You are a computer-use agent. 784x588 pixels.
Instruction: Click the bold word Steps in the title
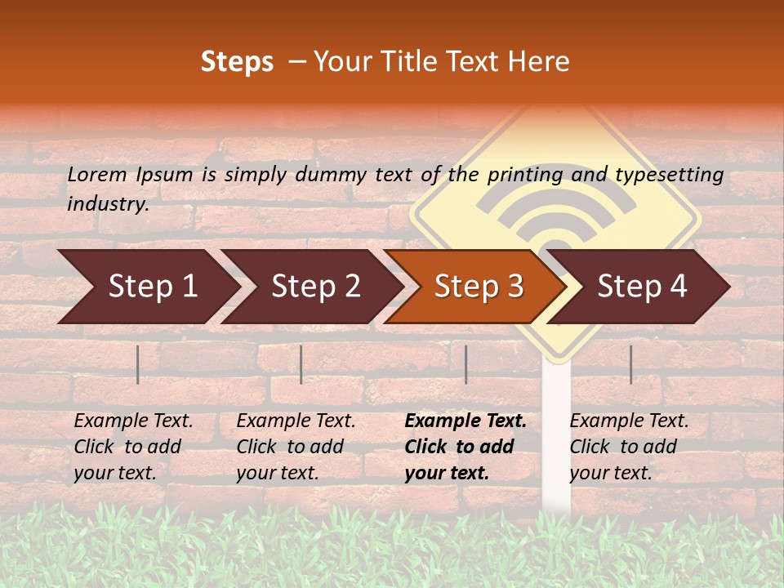237,62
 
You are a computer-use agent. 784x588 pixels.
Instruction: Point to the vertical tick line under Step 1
138,364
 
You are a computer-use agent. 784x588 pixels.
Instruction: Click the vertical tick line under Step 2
301,364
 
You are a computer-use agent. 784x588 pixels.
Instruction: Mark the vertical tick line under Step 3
465,364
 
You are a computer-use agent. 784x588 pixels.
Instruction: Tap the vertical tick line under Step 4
630,364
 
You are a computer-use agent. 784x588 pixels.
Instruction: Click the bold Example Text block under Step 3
465,447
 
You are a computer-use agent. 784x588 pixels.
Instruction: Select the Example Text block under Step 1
133,447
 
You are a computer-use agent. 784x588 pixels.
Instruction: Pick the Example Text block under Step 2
296,447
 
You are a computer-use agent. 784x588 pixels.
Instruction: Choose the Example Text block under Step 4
629,447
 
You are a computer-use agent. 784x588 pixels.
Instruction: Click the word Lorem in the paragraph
97,174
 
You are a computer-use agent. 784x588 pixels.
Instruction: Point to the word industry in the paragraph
108,203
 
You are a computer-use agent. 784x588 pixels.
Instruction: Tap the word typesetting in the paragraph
669,175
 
